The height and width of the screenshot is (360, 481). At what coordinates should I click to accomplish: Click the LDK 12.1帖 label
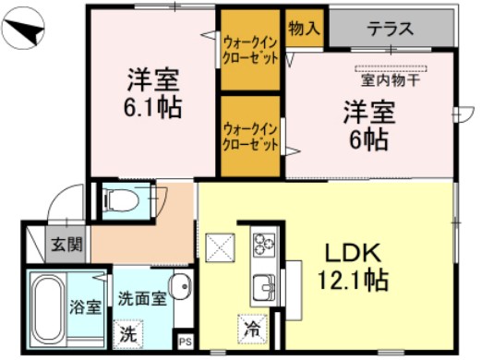pos(355,265)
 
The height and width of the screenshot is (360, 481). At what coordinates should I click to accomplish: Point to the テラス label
pos(390,29)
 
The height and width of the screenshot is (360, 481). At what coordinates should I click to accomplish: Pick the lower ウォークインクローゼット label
pos(249,137)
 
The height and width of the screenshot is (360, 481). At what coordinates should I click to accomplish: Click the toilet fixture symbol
pos(119,198)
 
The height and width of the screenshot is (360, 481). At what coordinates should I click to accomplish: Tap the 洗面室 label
pos(139,300)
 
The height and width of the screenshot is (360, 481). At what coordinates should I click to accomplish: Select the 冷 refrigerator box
pos(251,326)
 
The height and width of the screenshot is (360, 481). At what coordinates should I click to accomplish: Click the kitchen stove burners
pos(265,246)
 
